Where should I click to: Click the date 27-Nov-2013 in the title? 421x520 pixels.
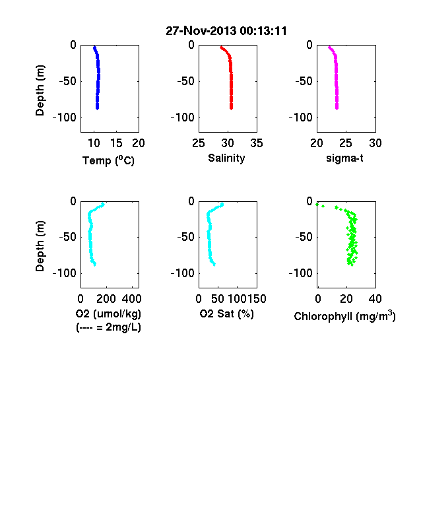[201, 31]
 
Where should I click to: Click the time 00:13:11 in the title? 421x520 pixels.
[263, 31]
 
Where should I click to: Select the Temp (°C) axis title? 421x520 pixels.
[108, 160]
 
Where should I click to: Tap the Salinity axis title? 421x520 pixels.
[226, 158]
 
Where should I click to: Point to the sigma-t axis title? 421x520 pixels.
[344, 158]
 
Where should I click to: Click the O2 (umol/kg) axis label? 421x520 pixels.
[108, 313]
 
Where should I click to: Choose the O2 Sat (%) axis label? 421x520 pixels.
[226, 313]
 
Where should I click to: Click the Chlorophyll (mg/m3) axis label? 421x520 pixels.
[344, 315]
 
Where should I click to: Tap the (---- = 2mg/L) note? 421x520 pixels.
[108, 327]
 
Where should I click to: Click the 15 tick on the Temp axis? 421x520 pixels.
[116, 143]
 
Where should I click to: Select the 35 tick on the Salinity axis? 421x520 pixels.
[257, 143]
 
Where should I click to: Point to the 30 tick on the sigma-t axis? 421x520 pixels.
[375, 143]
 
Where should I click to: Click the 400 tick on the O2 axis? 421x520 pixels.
[131, 299]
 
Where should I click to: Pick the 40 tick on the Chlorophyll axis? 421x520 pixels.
[375, 299]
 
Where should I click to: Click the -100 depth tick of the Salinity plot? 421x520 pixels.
[183, 117]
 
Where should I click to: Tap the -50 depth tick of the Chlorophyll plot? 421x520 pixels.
[304, 237]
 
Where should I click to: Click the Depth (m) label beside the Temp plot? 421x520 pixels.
[40, 90]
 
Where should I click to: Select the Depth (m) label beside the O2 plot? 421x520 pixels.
[40, 246]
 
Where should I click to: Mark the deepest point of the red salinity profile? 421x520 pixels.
[231, 108]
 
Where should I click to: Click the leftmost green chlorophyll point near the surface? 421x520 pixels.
[317, 205]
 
